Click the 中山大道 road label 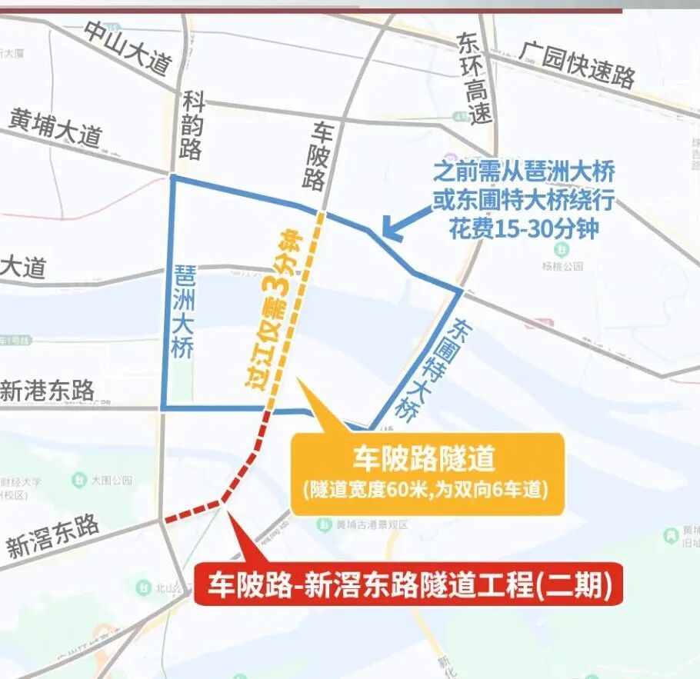coord(127,48)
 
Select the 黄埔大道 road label coord(56,128)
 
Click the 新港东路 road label coord(48,391)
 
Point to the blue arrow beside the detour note coord(399,224)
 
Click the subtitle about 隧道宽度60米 coord(426,489)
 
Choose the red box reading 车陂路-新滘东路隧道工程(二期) coord(408,587)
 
